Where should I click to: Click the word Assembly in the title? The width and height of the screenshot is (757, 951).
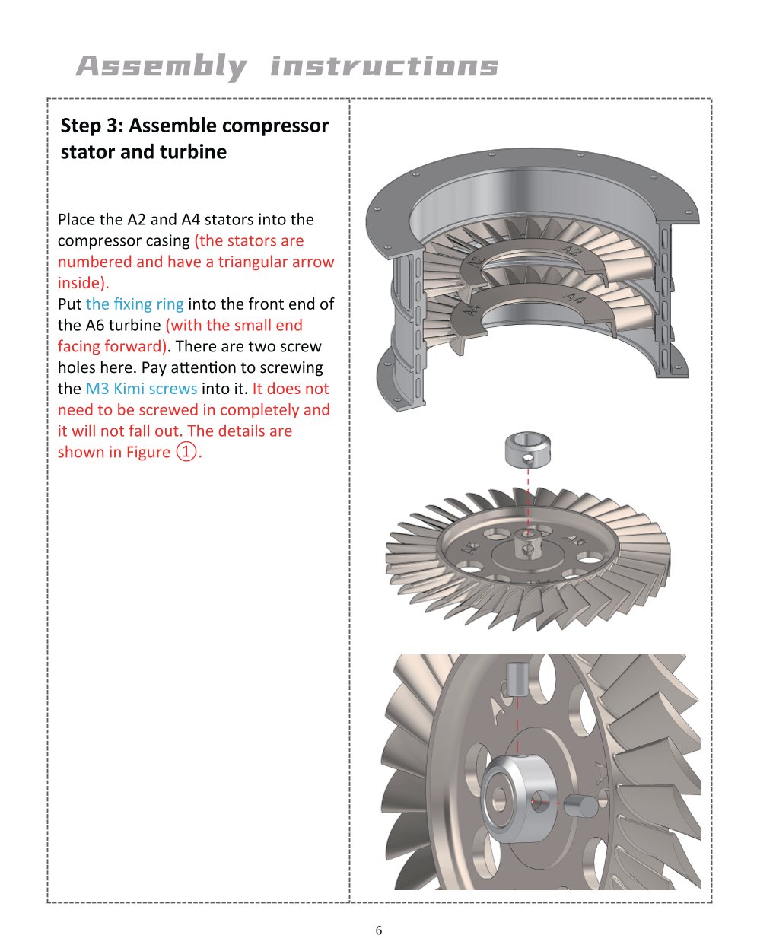pos(161,67)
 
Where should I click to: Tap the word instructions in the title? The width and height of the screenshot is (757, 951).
pos(384,65)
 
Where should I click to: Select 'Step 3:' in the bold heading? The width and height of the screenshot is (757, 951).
pos(91,126)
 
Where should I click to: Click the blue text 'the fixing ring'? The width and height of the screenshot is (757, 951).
pos(135,304)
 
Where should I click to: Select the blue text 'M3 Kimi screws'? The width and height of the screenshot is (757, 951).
pos(141,389)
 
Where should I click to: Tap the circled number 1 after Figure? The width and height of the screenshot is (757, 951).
pos(186,452)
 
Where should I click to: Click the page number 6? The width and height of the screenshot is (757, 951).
pos(379,930)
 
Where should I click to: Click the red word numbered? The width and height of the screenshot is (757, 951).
pos(95,262)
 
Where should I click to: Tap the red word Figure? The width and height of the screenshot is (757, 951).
pos(148,452)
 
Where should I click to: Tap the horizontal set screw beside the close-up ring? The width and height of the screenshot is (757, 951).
pos(580,806)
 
